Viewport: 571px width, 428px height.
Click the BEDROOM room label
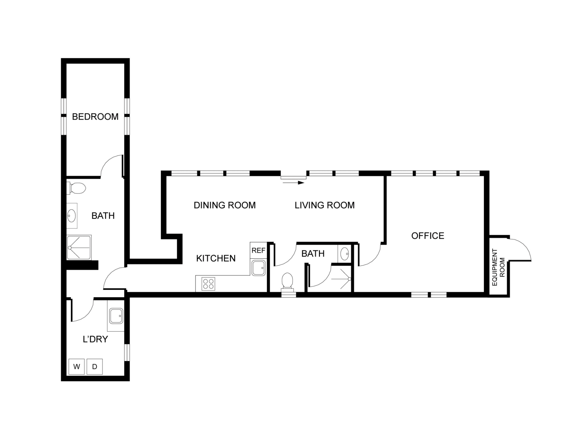95,116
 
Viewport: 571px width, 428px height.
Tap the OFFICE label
428,236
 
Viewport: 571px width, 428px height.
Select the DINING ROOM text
225,205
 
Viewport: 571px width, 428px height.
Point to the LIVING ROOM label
325,205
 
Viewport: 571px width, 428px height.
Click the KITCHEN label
216,258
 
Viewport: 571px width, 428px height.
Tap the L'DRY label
95,339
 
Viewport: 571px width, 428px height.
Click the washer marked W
77,366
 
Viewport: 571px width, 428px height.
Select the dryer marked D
95,366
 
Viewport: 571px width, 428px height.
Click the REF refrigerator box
258,250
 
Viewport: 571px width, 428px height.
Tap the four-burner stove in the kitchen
208,284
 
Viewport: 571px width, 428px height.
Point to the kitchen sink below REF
258,268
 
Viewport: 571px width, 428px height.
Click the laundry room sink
116,316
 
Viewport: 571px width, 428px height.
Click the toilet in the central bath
287,282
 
